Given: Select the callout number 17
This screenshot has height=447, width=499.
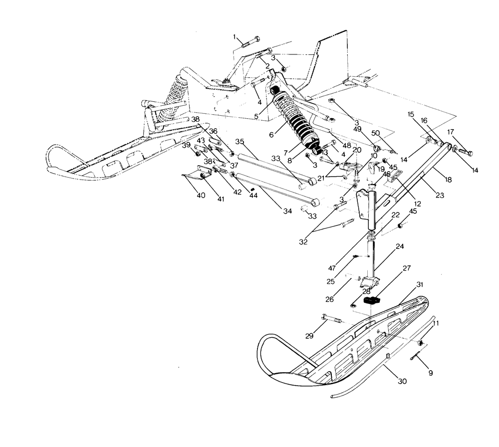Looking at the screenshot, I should pyautogui.click(x=451, y=132).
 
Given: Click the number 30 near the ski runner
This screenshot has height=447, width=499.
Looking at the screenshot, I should pyautogui.click(x=402, y=381).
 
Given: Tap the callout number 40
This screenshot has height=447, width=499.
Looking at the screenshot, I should pyautogui.click(x=201, y=196).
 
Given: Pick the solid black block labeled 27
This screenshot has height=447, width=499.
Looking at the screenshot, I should pyautogui.click(x=372, y=300).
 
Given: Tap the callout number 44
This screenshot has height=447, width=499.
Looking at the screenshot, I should pyautogui.click(x=254, y=196).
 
